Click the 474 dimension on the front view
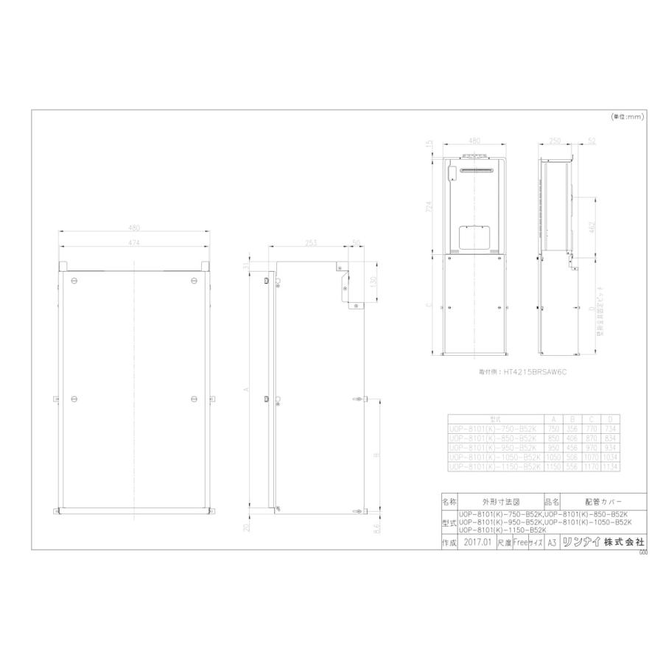(133, 242)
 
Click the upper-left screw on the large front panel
(74, 281)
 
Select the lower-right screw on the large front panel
(193, 399)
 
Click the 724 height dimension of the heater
(429, 208)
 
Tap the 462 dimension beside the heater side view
(592, 226)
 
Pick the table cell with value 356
(573, 427)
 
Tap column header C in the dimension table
(593, 418)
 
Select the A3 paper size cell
(552, 541)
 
